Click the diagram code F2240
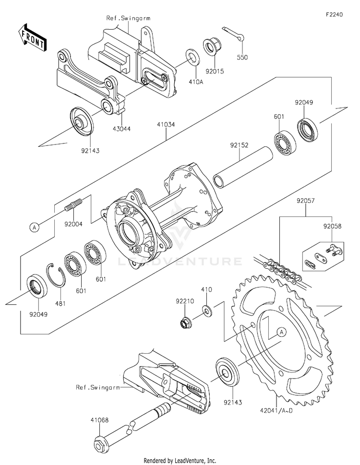tap(334, 14)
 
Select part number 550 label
tap(242, 57)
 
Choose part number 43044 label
tap(121, 129)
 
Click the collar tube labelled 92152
tap(243, 167)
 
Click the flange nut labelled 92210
tap(185, 322)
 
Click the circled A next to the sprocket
tap(281, 332)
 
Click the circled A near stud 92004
tap(35, 228)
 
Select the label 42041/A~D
tap(276, 411)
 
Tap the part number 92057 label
tap(306, 201)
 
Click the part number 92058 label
tap(332, 227)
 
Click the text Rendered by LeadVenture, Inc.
tap(180, 461)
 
